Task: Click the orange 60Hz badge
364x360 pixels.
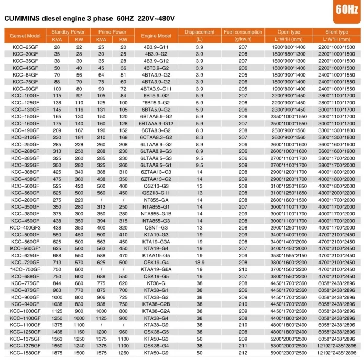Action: (x=345, y=9)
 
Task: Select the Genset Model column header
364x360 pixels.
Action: (x=24, y=36)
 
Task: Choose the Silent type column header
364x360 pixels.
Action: (x=336, y=32)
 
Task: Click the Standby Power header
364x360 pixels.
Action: (x=68, y=32)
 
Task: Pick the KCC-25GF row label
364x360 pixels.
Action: (x=24, y=47)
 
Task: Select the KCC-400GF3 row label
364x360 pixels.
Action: (x=24, y=228)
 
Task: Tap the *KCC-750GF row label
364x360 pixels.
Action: (x=24, y=269)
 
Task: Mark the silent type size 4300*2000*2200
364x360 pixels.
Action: (x=336, y=193)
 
